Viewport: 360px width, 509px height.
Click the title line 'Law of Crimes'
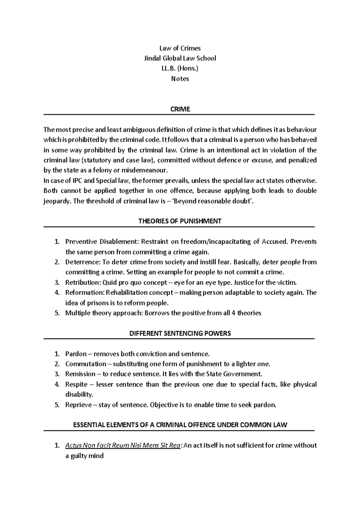click(x=180, y=48)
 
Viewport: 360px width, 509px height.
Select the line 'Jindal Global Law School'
click(x=180, y=58)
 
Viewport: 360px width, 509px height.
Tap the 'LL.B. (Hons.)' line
click(x=180, y=68)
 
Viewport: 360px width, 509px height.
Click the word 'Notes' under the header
click(x=180, y=79)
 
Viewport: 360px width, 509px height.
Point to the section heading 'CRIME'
click(x=180, y=109)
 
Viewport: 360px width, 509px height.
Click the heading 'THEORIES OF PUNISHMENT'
click(x=180, y=221)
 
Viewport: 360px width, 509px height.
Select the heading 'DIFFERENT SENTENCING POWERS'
click(x=180, y=333)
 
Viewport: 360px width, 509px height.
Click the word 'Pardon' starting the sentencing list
click(x=76, y=354)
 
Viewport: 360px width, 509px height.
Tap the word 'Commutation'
click(x=85, y=364)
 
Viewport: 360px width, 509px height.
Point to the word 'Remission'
click(x=80, y=374)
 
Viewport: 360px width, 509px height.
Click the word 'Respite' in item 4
click(x=76, y=384)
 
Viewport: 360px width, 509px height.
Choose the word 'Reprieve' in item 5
click(x=78, y=405)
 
